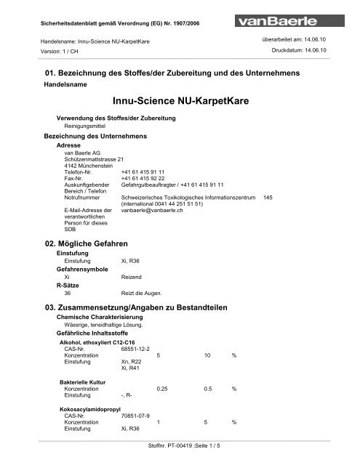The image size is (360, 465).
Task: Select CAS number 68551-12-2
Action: [x=135, y=349]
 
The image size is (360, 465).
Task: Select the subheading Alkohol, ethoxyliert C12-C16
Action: [x=100, y=341]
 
